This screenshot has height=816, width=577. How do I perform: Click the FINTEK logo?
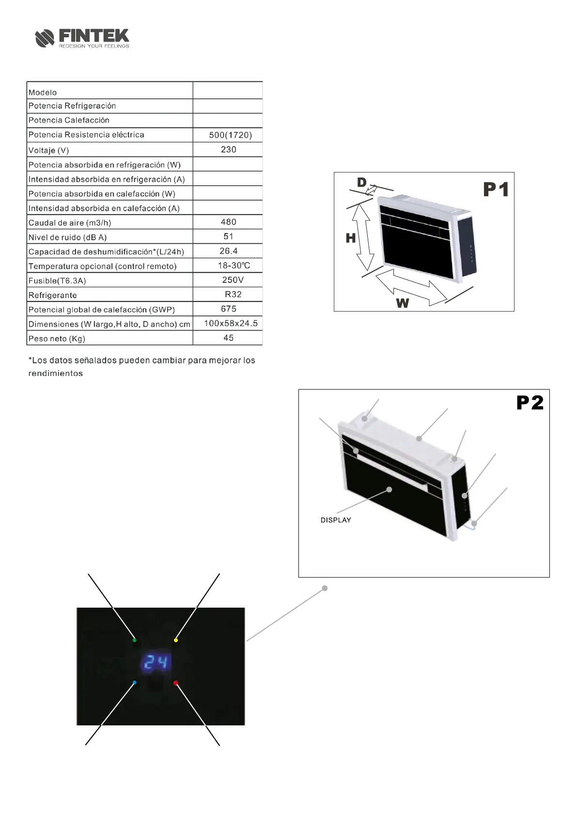(82, 38)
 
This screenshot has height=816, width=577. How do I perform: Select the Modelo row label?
(43, 93)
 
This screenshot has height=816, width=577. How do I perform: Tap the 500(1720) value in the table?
(230, 135)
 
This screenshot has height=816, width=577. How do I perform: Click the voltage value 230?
(228, 149)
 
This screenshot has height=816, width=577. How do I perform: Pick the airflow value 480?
(228, 222)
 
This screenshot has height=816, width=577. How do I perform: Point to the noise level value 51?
(228, 236)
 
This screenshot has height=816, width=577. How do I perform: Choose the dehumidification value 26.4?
(228, 251)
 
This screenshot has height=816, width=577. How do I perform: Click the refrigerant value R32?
(233, 294)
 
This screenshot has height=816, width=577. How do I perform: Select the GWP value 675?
(228, 309)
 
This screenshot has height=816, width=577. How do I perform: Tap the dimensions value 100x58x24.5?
(231, 323)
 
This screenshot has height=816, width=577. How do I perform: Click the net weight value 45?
(228, 338)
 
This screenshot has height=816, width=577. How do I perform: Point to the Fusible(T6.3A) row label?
(57, 281)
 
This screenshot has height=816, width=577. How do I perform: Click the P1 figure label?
(496, 189)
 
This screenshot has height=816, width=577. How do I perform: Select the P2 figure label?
(530, 403)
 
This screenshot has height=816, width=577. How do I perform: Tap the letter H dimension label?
(351, 238)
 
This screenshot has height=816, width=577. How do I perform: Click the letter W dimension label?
(403, 303)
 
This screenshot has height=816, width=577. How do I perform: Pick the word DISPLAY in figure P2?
(336, 520)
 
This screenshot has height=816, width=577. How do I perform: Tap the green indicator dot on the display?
(134, 640)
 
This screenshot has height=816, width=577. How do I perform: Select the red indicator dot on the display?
(175, 683)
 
